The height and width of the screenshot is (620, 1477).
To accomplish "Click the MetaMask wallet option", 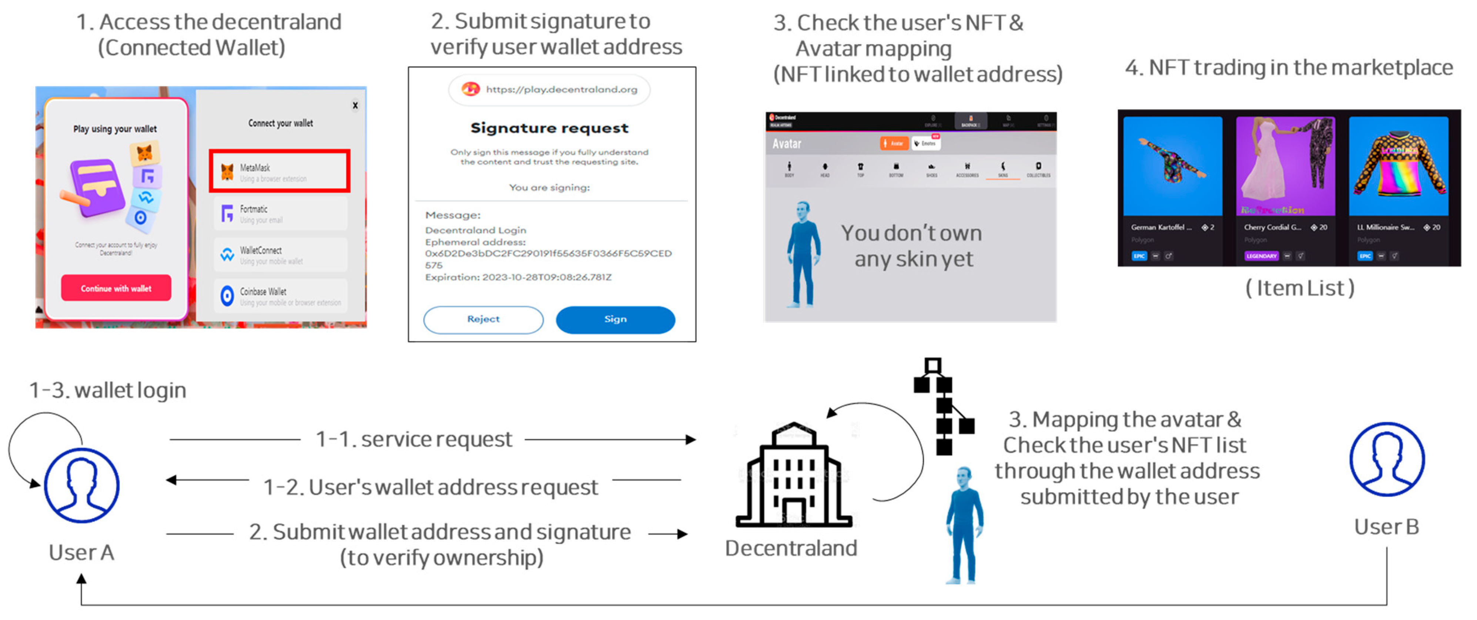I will click(279, 171).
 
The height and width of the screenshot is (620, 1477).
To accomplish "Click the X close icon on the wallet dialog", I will click(355, 105).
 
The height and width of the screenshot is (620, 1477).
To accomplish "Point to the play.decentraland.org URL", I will click(561, 90).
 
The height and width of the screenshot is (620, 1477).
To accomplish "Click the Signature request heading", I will click(549, 128).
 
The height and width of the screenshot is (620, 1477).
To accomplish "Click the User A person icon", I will click(81, 485).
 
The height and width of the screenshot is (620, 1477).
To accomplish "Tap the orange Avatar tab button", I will click(894, 143).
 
